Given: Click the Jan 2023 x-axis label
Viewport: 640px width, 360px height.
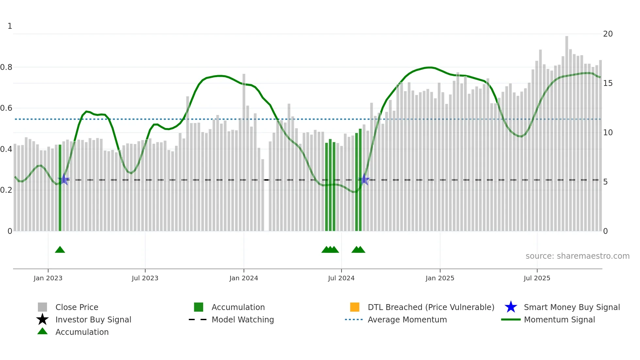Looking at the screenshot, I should coord(48,278).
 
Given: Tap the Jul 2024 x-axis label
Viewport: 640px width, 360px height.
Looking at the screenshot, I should coord(341,278).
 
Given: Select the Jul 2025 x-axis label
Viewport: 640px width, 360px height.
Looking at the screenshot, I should coord(537,278).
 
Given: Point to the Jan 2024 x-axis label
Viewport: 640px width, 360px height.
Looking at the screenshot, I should coord(244,278).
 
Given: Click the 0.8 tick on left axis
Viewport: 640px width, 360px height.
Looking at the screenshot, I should coord(6,67).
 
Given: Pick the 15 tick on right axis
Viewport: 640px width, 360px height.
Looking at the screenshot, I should coord(608,83).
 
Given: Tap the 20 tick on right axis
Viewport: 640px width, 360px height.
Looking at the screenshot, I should coord(608,34).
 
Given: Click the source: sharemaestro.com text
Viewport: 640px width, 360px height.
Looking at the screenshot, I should coord(577,256).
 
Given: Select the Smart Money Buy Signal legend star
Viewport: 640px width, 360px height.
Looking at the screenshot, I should coord(511,307).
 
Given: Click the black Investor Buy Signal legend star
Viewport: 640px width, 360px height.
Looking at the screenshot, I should coord(42,319).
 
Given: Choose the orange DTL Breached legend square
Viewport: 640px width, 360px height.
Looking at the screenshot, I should coord(355,307).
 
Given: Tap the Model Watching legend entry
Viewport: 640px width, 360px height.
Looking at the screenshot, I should coord(243,319).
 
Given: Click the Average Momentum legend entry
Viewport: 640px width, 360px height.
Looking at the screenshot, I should coord(407,319).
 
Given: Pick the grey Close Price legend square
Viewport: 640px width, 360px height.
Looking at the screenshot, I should coord(42,307).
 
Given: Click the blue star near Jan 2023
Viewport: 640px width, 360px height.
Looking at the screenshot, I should coord(64,179).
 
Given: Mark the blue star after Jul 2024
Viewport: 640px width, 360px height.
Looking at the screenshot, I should coord(365,179).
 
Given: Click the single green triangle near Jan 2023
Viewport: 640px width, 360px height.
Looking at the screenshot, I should coord(60,250).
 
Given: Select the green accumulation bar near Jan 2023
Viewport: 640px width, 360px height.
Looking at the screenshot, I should coord(60,189).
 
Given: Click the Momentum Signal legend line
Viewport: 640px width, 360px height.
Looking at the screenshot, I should coord(511,319).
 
